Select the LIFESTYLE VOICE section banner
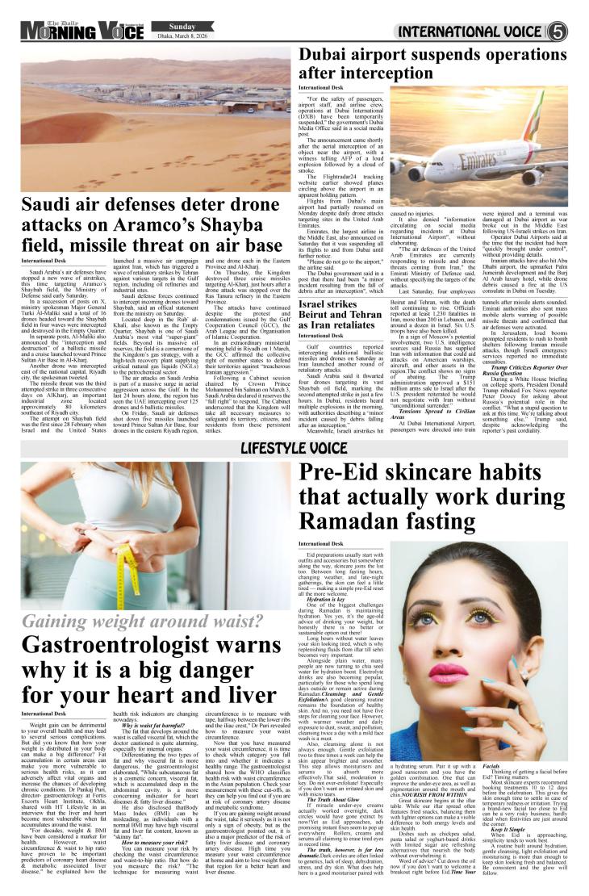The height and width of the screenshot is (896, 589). coord(294,448)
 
